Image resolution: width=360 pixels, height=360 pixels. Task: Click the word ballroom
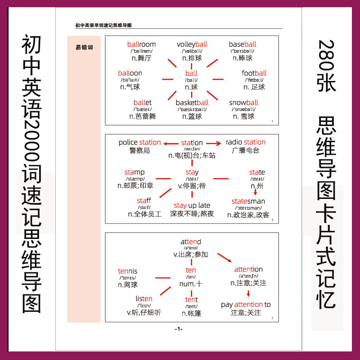click(x=141, y=44)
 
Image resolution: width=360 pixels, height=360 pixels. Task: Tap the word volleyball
click(x=192, y=44)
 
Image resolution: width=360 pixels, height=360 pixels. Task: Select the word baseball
click(x=242, y=44)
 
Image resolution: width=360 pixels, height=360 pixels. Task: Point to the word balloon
click(x=130, y=73)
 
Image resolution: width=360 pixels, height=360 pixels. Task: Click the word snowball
click(x=243, y=103)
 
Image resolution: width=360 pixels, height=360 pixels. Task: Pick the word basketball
click(x=192, y=103)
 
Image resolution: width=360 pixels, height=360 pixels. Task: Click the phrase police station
click(x=139, y=142)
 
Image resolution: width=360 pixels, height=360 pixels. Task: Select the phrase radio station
click(x=245, y=142)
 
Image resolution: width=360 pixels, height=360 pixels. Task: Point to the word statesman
click(x=248, y=201)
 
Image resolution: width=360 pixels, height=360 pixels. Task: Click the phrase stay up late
click(x=192, y=206)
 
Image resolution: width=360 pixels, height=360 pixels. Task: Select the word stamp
click(x=135, y=172)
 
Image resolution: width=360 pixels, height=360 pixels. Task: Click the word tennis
click(x=127, y=271)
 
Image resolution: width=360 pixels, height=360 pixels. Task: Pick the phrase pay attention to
click(x=246, y=305)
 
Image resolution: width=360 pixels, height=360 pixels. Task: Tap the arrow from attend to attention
click(x=224, y=257)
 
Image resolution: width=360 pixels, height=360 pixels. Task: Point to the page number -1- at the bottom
click(x=179, y=329)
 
